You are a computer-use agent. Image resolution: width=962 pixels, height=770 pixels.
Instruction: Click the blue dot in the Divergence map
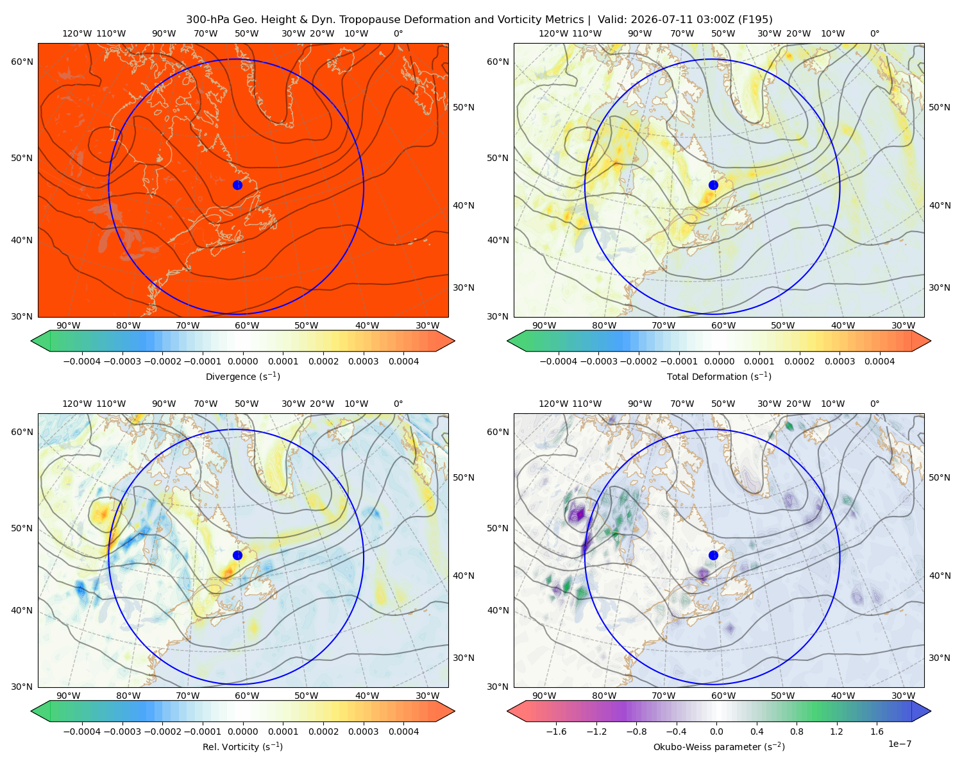(x=237, y=185)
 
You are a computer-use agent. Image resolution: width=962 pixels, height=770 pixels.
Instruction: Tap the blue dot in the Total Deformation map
(x=713, y=185)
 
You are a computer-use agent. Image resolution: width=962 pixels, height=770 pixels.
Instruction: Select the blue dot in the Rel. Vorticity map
(x=237, y=555)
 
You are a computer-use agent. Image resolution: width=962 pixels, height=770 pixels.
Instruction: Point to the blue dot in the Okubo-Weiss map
(x=713, y=555)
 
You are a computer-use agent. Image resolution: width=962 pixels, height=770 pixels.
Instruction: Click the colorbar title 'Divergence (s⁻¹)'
(x=242, y=376)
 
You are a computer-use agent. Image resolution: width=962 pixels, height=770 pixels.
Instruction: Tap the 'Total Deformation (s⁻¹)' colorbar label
(x=719, y=376)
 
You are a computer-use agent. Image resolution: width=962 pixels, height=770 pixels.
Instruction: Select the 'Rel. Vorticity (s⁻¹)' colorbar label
(x=242, y=746)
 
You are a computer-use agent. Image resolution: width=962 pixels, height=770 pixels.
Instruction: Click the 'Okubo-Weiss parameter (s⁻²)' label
(x=719, y=746)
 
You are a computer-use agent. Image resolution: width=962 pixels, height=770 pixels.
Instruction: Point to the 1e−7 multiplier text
(x=899, y=744)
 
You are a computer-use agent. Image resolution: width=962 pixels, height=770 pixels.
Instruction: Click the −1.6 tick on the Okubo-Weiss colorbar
(x=556, y=731)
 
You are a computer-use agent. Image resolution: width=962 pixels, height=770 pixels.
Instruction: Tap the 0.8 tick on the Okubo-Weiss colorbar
(x=797, y=731)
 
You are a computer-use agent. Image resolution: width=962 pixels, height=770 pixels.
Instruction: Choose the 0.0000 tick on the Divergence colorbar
(x=242, y=361)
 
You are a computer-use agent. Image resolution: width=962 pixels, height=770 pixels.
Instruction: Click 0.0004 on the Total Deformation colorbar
(x=879, y=361)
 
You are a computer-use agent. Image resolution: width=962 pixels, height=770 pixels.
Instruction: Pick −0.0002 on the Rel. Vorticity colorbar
(x=162, y=731)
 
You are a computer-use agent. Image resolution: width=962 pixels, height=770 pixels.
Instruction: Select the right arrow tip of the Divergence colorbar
(x=454, y=341)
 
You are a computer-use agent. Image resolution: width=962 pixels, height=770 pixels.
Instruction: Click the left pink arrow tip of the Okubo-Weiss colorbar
(x=508, y=711)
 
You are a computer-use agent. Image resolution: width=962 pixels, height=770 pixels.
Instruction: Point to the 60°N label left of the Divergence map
(x=22, y=62)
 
